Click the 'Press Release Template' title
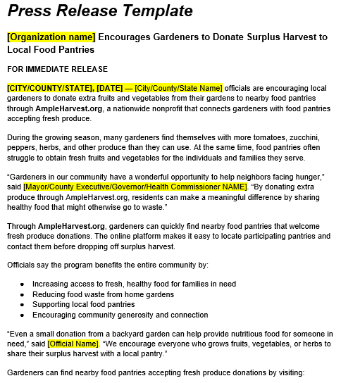(99, 11)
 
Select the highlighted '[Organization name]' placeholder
(51, 37)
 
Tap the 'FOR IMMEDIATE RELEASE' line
(57, 69)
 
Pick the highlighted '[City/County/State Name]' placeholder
(178, 88)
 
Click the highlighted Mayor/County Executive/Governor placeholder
(135, 187)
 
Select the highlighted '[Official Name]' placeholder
(73, 343)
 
